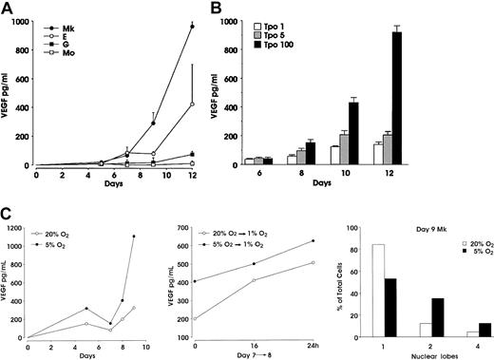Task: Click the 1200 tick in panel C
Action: [x=17, y=227]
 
